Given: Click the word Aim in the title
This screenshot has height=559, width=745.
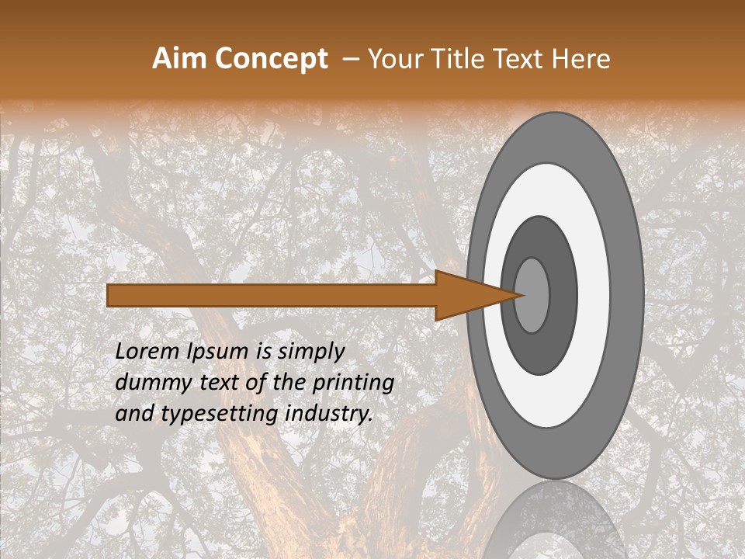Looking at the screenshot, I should pyautogui.click(x=180, y=59).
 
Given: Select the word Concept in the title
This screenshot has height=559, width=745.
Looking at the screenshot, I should pyautogui.click(x=270, y=59).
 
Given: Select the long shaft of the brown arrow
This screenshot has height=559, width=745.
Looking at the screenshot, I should pyautogui.click(x=272, y=295).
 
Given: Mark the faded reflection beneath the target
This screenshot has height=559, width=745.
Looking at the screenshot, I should pyautogui.click(x=555, y=524).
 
